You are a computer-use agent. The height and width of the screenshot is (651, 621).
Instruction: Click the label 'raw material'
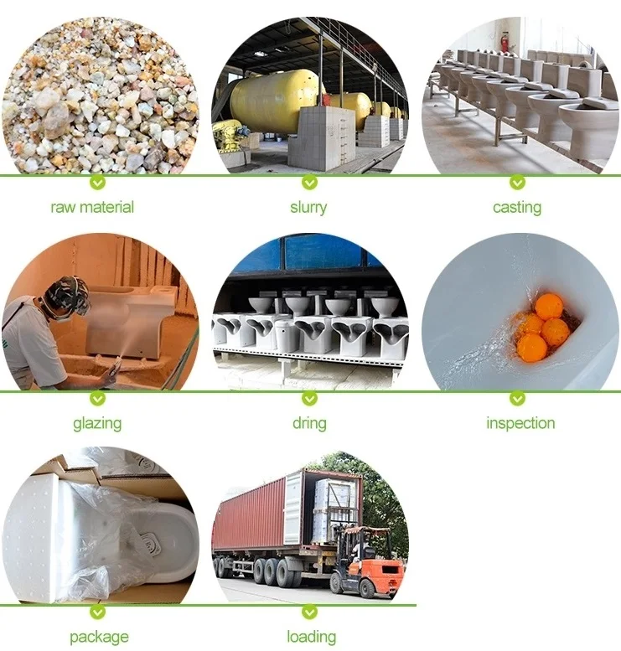[92, 207]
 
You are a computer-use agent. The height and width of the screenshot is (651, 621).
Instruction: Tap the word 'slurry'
[308, 207]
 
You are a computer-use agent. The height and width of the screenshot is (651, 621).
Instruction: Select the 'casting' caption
[517, 207]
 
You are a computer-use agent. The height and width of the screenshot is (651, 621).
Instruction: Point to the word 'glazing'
[97, 423]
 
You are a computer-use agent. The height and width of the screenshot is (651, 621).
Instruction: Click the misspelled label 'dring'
[309, 423]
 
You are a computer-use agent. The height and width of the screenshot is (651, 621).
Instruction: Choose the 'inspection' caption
[520, 423]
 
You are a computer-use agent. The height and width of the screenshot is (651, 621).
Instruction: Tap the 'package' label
[100, 638]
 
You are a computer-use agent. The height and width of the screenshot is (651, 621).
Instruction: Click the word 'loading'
[311, 638]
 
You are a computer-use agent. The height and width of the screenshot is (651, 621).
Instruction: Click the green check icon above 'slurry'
[309, 182]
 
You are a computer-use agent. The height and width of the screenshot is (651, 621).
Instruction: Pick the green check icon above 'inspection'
[517, 398]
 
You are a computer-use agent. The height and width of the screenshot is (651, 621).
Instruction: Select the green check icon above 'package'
[98, 612]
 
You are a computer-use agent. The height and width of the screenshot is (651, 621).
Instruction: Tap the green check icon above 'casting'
[517, 182]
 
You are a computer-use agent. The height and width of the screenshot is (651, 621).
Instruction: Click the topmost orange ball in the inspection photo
[549, 306]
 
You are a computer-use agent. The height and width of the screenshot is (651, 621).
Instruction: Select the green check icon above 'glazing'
[98, 398]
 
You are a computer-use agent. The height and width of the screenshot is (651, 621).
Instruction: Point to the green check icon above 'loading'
[309, 612]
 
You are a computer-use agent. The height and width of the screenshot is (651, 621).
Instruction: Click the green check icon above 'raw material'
[98, 182]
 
